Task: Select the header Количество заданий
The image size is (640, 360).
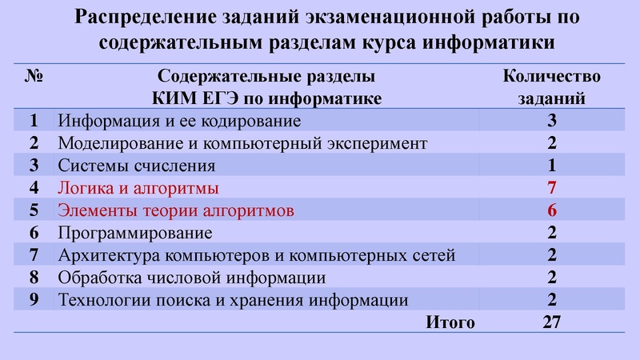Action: point(551,88)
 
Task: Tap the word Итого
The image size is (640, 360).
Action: point(450,322)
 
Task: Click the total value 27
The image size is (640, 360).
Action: point(551,322)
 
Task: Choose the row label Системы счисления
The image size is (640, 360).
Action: point(137,166)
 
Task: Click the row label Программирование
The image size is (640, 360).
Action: point(135,234)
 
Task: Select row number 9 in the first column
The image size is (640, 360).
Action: point(34,301)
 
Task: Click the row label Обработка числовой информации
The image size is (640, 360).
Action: point(192,278)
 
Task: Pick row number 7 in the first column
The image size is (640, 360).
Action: point(34,256)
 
